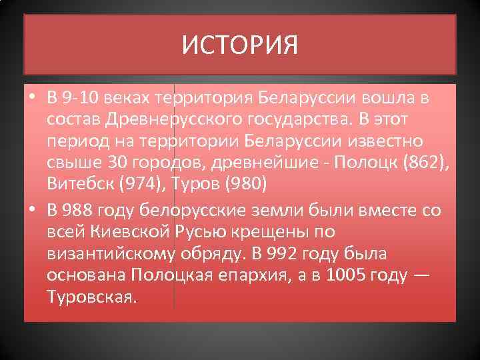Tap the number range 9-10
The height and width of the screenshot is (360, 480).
(80, 99)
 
